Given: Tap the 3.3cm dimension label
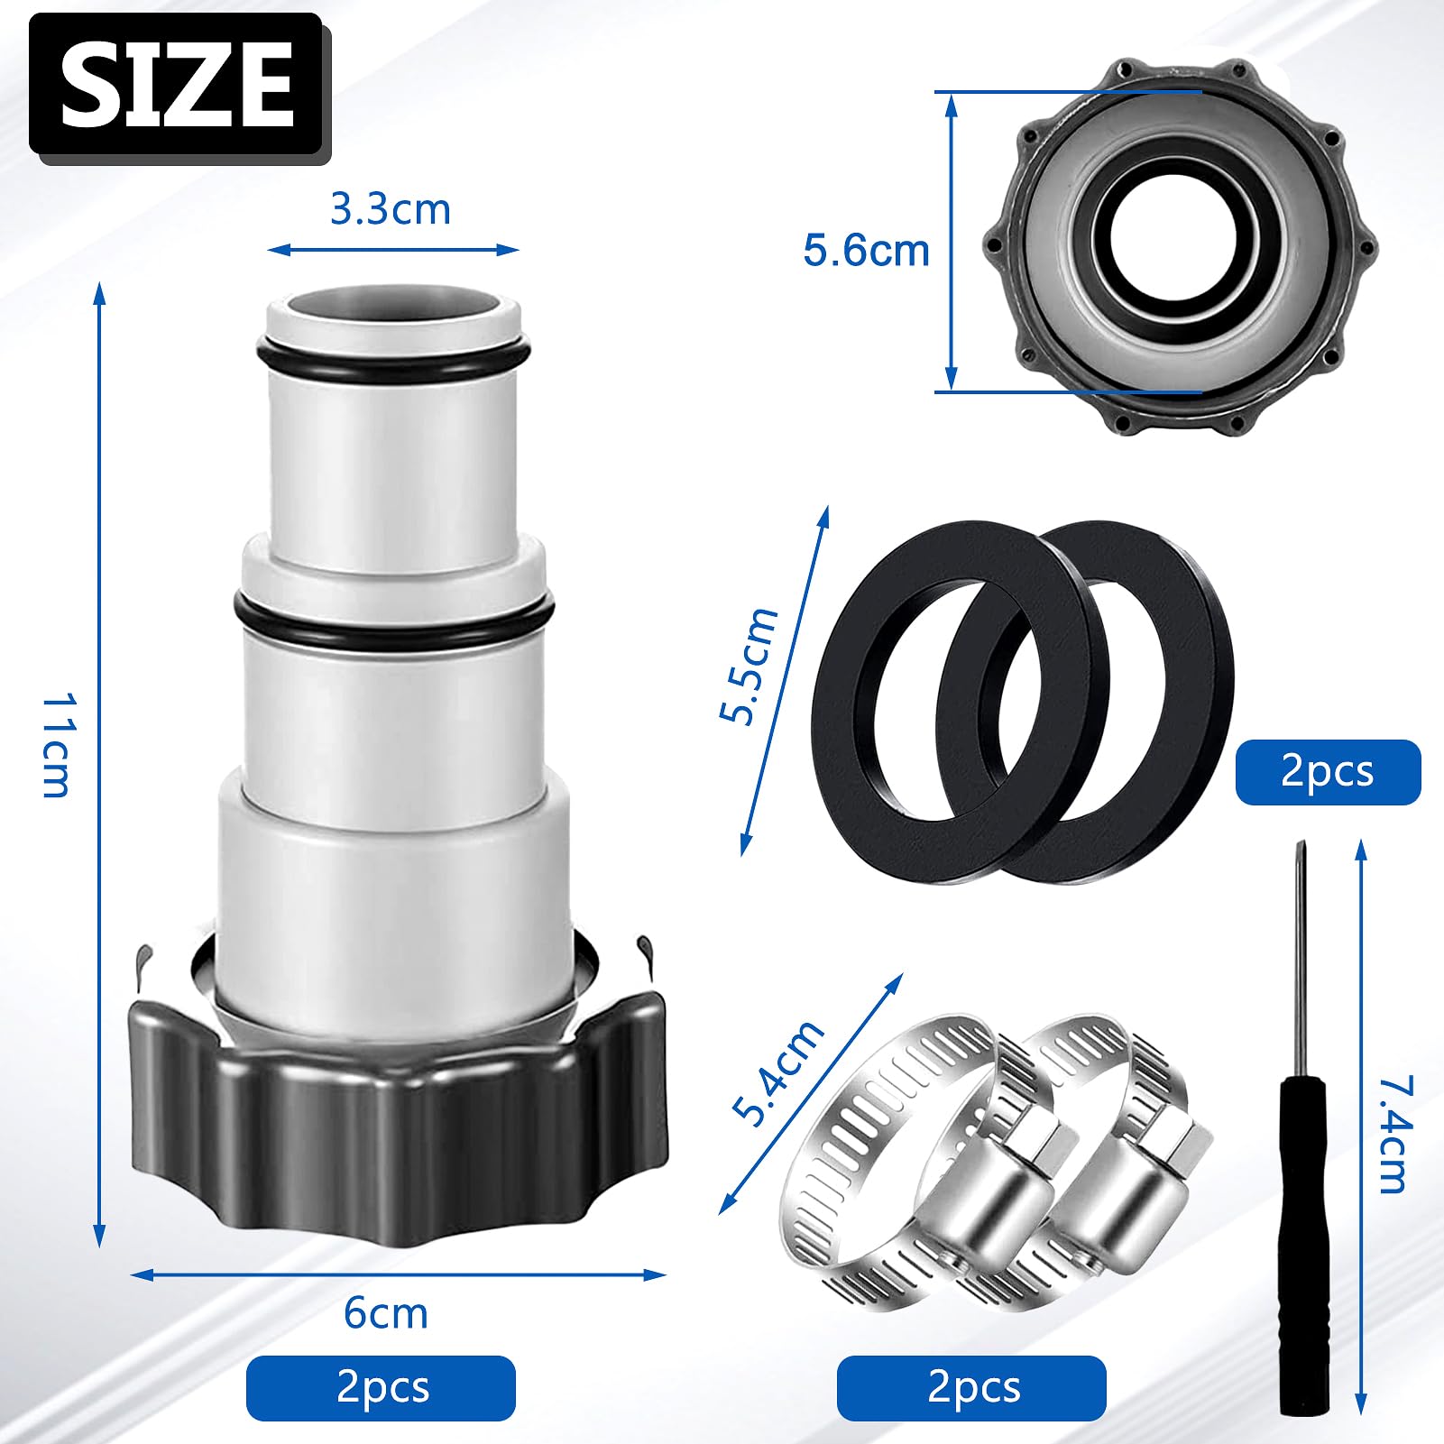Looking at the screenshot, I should (x=390, y=209).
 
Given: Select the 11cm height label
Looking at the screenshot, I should (x=56, y=745).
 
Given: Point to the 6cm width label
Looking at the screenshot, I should (x=385, y=1313).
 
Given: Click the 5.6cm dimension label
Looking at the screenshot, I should (x=866, y=251).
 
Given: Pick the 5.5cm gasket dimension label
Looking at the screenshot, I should (x=749, y=666).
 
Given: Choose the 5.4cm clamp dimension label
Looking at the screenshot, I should (x=777, y=1073).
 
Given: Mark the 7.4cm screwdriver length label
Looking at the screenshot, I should (x=1393, y=1135).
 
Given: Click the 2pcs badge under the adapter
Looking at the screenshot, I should (x=381, y=1387).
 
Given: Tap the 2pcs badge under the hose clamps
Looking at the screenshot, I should (x=971, y=1387).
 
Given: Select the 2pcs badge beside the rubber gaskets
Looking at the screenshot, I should (x=1327, y=772).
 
